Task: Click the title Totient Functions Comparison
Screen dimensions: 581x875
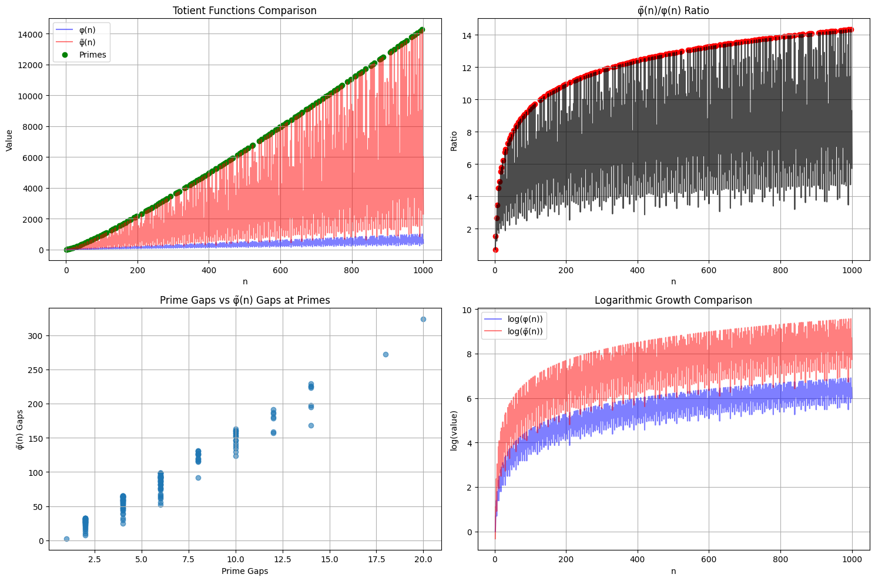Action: click(244, 11)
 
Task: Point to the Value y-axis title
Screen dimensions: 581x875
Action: click(9, 139)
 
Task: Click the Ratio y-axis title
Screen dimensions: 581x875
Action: click(454, 139)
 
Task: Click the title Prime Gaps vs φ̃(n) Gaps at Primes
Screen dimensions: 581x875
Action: click(244, 300)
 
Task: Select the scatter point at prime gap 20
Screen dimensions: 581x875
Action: click(423, 319)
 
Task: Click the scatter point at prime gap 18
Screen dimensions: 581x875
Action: click(385, 354)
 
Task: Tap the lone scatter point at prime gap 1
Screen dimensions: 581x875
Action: click(66, 539)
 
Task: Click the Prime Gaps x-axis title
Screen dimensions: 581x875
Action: click(244, 571)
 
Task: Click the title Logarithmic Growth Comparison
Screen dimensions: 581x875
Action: click(673, 300)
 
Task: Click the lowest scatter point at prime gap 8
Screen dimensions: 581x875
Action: click(198, 478)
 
